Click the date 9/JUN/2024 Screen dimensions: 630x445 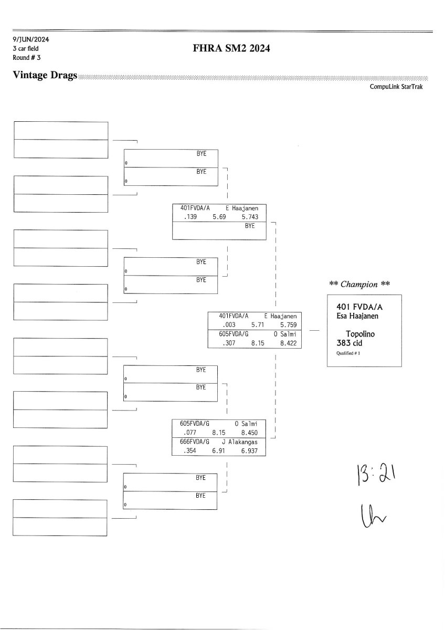[x=31, y=39]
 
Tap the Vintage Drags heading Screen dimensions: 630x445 [x=45, y=76]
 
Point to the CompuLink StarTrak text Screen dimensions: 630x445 [x=396, y=87]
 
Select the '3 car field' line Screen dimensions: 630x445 [x=26, y=48]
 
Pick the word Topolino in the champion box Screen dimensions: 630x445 [x=361, y=334]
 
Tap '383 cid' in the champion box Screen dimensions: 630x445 [x=349, y=343]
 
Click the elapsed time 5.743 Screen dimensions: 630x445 [x=250, y=216]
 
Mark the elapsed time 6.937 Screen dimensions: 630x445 [x=249, y=451]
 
